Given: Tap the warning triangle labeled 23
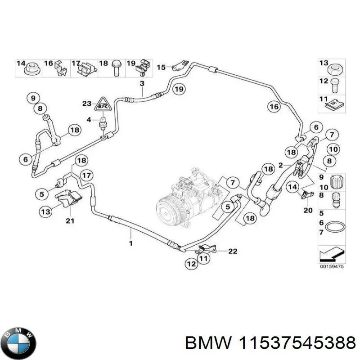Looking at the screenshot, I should pyautogui.click(x=103, y=105).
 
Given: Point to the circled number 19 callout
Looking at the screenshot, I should pyautogui.click(x=179, y=89).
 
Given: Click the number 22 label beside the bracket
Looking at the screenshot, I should pyautogui.click(x=232, y=251).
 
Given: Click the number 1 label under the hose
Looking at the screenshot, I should pyautogui.click(x=130, y=243).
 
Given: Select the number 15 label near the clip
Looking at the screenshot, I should pyautogui.click(x=161, y=67).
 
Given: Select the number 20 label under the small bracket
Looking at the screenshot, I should pyautogui.click(x=307, y=210).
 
